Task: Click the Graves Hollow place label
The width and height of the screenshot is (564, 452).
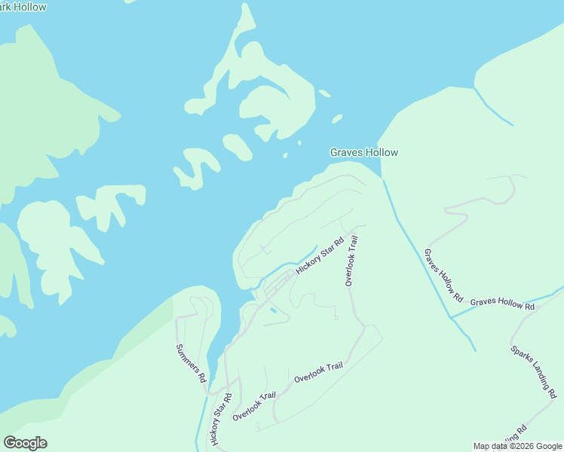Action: point(363,152)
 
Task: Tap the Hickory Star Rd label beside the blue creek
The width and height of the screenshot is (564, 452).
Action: point(320,256)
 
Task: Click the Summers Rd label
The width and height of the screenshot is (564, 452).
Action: point(191,364)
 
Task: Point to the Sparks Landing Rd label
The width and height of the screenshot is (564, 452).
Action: point(533,371)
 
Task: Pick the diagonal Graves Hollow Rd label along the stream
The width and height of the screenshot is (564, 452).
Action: point(443,276)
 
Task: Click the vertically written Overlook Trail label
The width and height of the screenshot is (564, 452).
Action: point(351,261)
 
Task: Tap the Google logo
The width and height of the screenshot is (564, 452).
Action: point(25,443)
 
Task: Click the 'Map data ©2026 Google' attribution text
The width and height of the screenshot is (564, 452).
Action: point(517,446)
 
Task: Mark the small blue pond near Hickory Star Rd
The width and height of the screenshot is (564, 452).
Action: point(272,310)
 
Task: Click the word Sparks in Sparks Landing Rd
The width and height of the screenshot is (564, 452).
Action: point(521,356)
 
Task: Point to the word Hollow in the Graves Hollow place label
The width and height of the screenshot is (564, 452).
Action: point(382,152)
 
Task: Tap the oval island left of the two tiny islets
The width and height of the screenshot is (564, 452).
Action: point(237,146)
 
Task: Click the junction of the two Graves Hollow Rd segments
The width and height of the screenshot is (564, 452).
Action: point(452,316)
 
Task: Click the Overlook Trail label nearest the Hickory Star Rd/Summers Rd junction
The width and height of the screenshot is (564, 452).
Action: point(254,406)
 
